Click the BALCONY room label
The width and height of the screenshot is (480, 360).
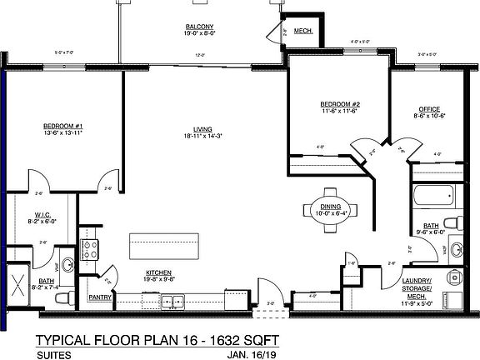point(200,27)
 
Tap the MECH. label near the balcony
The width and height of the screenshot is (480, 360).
point(302,32)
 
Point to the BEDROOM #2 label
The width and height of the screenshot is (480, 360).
point(339,104)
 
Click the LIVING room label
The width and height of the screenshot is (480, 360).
point(202,128)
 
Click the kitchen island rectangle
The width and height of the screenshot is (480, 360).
point(165,247)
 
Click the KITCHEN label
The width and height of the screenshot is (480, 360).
point(158,272)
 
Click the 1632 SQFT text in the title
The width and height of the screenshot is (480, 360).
point(236,339)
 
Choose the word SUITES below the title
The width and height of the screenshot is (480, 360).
point(52,353)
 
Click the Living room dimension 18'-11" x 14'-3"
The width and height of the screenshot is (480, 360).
point(202,135)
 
